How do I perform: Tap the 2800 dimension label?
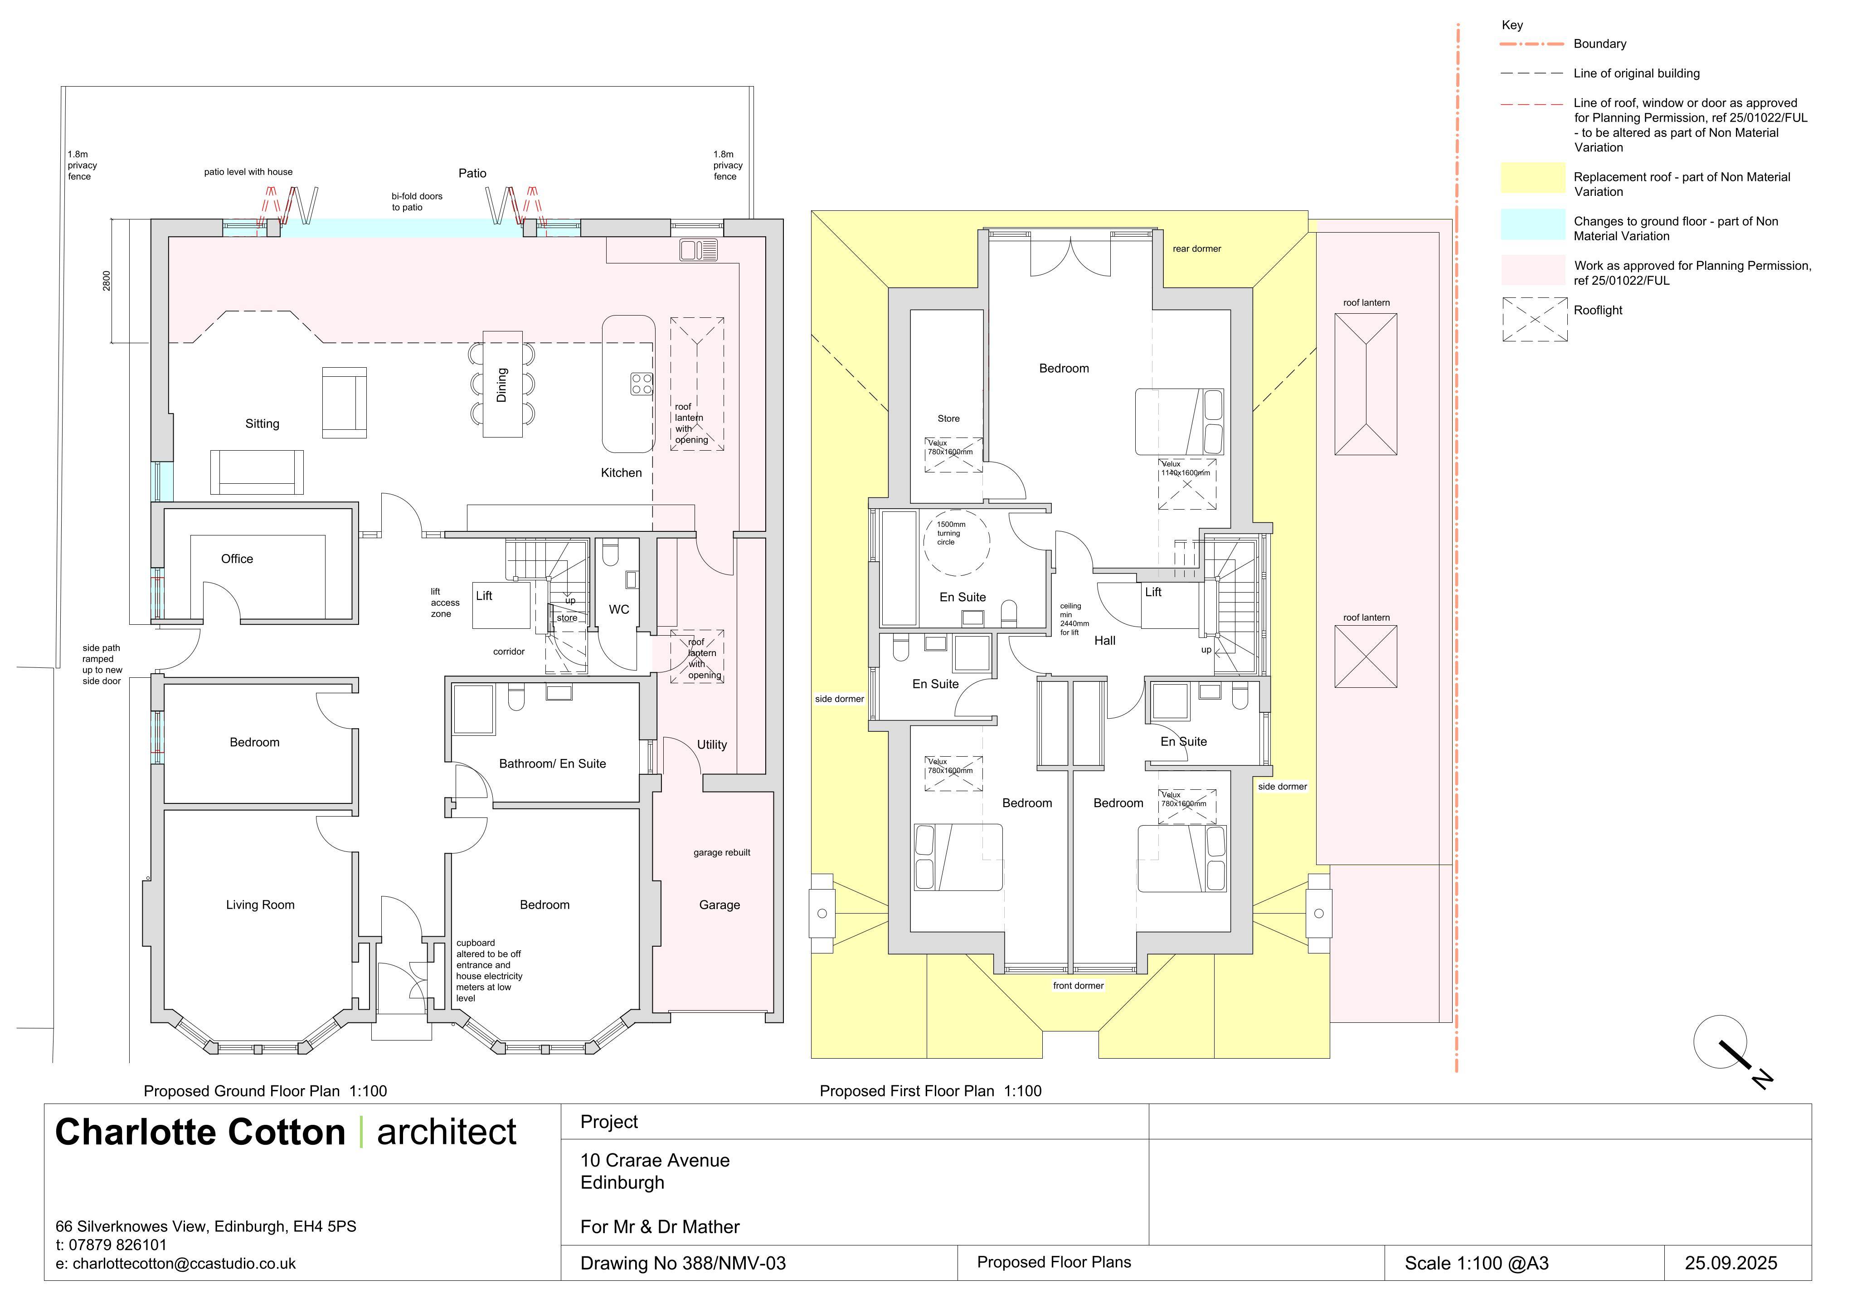tap(107, 281)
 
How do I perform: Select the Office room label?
tap(237, 559)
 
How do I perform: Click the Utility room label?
tap(712, 744)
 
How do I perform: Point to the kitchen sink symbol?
tap(699, 250)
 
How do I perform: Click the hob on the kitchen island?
tap(642, 384)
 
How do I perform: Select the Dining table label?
tap(501, 385)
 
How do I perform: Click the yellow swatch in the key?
tap(1533, 178)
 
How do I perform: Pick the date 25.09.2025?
tap(1731, 1263)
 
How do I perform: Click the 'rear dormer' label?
tap(1196, 248)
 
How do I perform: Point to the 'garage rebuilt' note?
tap(721, 853)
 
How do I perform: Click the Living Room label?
tap(260, 905)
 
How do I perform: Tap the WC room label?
tap(619, 610)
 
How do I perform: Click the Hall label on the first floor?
tap(1105, 641)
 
